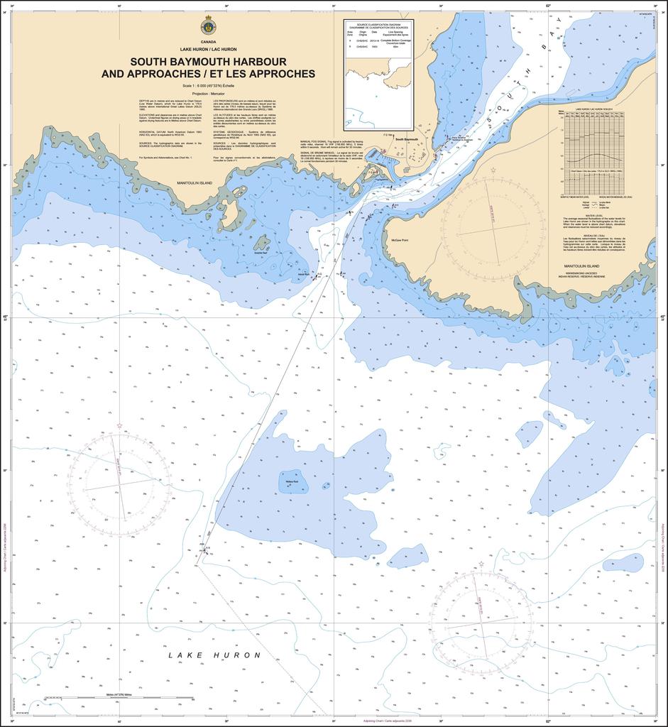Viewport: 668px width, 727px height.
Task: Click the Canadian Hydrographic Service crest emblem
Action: pos(208,27)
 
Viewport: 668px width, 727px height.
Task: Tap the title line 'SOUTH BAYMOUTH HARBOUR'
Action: pos(208,62)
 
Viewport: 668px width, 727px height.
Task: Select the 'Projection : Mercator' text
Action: pos(208,93)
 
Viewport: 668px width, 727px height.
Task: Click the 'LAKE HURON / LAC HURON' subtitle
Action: pos(208,49)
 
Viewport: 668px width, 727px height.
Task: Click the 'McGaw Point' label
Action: pos(401,241)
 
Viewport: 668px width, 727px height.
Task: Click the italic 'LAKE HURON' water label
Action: pos(214,655)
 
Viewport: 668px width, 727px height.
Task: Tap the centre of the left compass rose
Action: pos(119,486)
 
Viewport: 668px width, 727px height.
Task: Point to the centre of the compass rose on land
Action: pos(493,226)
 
